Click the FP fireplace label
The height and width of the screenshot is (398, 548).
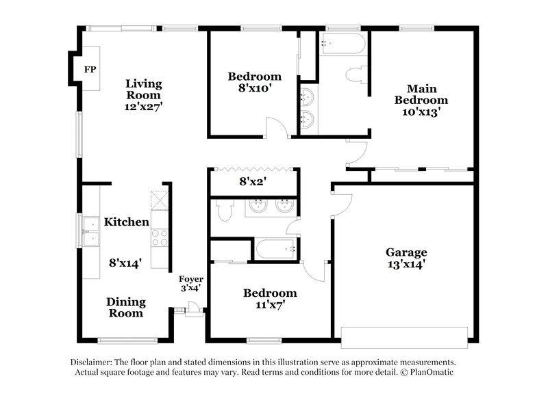[x=89, y=70]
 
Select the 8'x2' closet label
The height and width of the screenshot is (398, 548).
[x=251, y=183]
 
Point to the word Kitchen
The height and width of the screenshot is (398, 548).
[x=126, y=222]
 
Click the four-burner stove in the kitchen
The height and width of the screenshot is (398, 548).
[x=159, y=238]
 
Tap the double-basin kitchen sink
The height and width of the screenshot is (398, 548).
[x=90, y=231]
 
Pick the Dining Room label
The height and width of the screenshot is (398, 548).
[x=125, y=307]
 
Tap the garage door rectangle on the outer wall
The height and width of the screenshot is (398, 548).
[x=404, y=337]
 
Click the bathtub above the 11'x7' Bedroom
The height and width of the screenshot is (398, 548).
[x=276, y=249]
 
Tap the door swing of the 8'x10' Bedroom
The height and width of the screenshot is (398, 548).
[x=275, y=128]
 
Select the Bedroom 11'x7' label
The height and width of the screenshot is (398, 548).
[x=270, y=299]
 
